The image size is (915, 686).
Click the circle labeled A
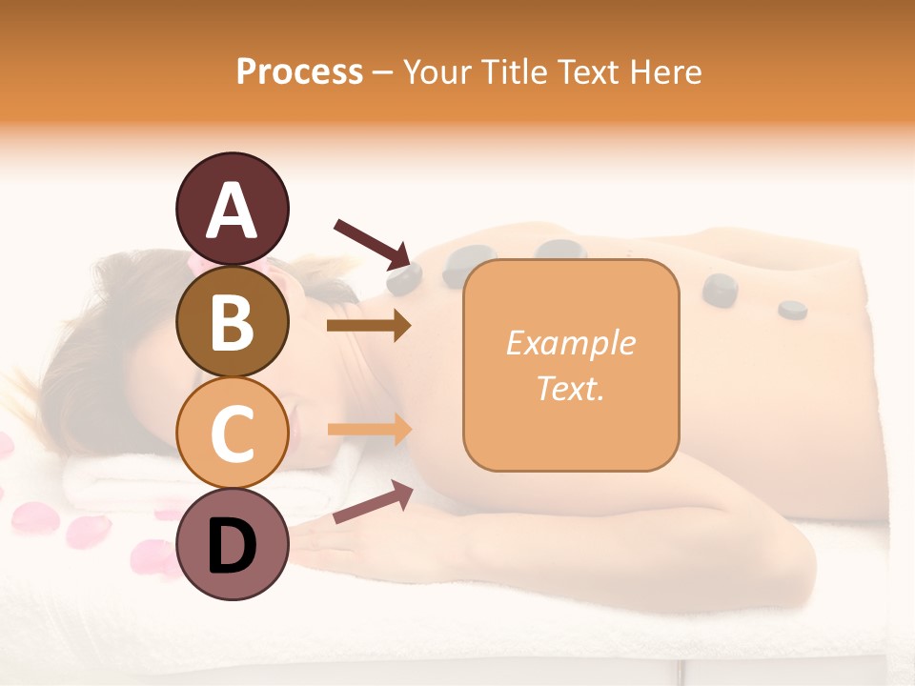coord(232,210)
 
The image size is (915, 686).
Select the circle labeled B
coord(232,321)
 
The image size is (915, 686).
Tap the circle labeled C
coord(232,433)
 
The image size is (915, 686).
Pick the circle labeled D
coord(232,544)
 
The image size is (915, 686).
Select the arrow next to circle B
coord(368,326)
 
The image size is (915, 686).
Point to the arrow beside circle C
coord(368,429)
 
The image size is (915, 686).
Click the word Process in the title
coord(299,72)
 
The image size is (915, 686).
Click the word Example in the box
coord(570,343)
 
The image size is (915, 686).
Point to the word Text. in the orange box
coord(570,388)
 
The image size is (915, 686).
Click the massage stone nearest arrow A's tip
coord(405,277)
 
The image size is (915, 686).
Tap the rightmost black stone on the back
coord(792,309)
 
